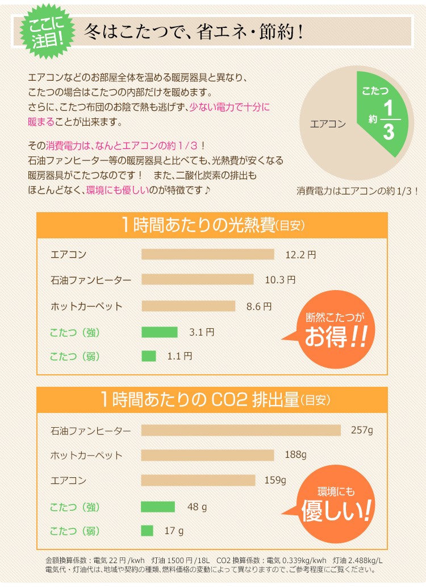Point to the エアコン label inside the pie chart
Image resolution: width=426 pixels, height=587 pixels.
coord(328,123)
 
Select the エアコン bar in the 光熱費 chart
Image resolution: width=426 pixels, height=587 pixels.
coord(208,254)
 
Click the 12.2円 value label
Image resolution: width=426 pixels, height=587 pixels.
coord(300,255)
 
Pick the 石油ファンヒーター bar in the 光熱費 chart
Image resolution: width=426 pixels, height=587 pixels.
coord(198,280)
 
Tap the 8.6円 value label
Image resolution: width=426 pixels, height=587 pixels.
coord(259,306)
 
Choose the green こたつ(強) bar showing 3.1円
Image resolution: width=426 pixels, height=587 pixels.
coord(160,332)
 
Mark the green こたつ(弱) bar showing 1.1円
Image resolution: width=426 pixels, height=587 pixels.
coord(149,357)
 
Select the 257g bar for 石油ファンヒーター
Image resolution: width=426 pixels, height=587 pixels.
coord(241,430)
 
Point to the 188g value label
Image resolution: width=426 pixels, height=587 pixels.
coord(295,455)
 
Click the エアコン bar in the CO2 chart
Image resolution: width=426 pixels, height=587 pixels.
coord(198,481)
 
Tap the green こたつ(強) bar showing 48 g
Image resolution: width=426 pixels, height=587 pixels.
coord(158,506)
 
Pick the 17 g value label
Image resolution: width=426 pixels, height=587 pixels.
coord(174,531)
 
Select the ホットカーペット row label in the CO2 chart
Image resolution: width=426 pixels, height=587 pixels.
coord(86,456)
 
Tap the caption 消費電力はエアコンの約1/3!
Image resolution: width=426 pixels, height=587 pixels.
coord(357,191)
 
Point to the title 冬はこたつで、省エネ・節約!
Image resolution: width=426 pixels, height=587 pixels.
coord(193,31)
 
